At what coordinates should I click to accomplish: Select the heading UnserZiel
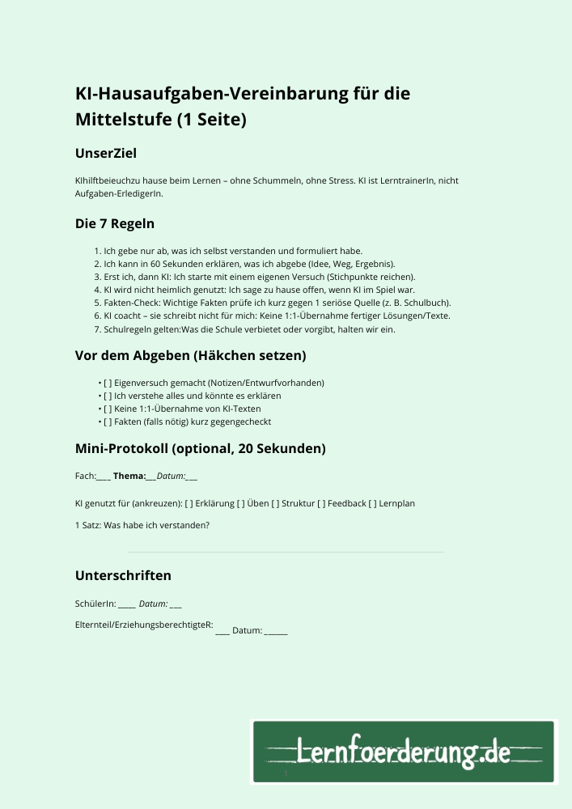(106, 152)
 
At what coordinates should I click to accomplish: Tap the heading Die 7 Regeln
(115, 223)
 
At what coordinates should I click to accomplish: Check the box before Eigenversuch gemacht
(108, 383)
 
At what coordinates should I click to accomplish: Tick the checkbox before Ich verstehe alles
(108, 396)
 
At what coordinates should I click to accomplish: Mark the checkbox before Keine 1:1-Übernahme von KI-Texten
(108, 409)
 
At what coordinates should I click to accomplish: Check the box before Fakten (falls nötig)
(108, 421)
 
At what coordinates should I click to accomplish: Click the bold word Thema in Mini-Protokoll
(129, 477)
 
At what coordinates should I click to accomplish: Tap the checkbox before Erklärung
(189, 503)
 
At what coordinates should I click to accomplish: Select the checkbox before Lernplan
(373, 503)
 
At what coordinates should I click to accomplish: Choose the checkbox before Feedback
(322, 503)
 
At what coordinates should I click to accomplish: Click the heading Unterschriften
(123, 575)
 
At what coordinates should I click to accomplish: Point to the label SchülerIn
(95, 604)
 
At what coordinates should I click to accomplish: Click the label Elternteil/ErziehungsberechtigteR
(143, 625)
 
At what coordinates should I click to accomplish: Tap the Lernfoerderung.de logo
(404, 752)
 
